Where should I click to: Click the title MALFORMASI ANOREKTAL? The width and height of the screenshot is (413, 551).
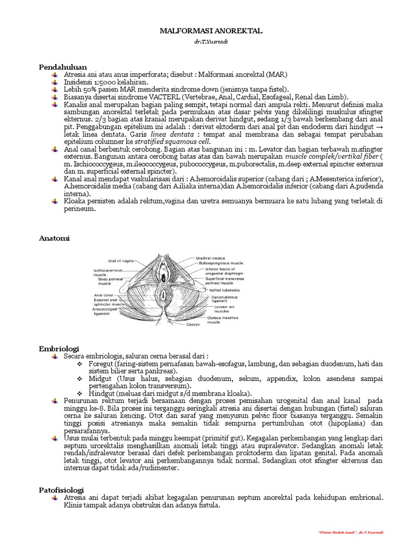click(x=211, y=32)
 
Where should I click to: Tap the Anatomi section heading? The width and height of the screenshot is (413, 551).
click(x=54, y=237)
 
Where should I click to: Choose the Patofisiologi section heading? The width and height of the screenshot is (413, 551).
click(x=62, y=490)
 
